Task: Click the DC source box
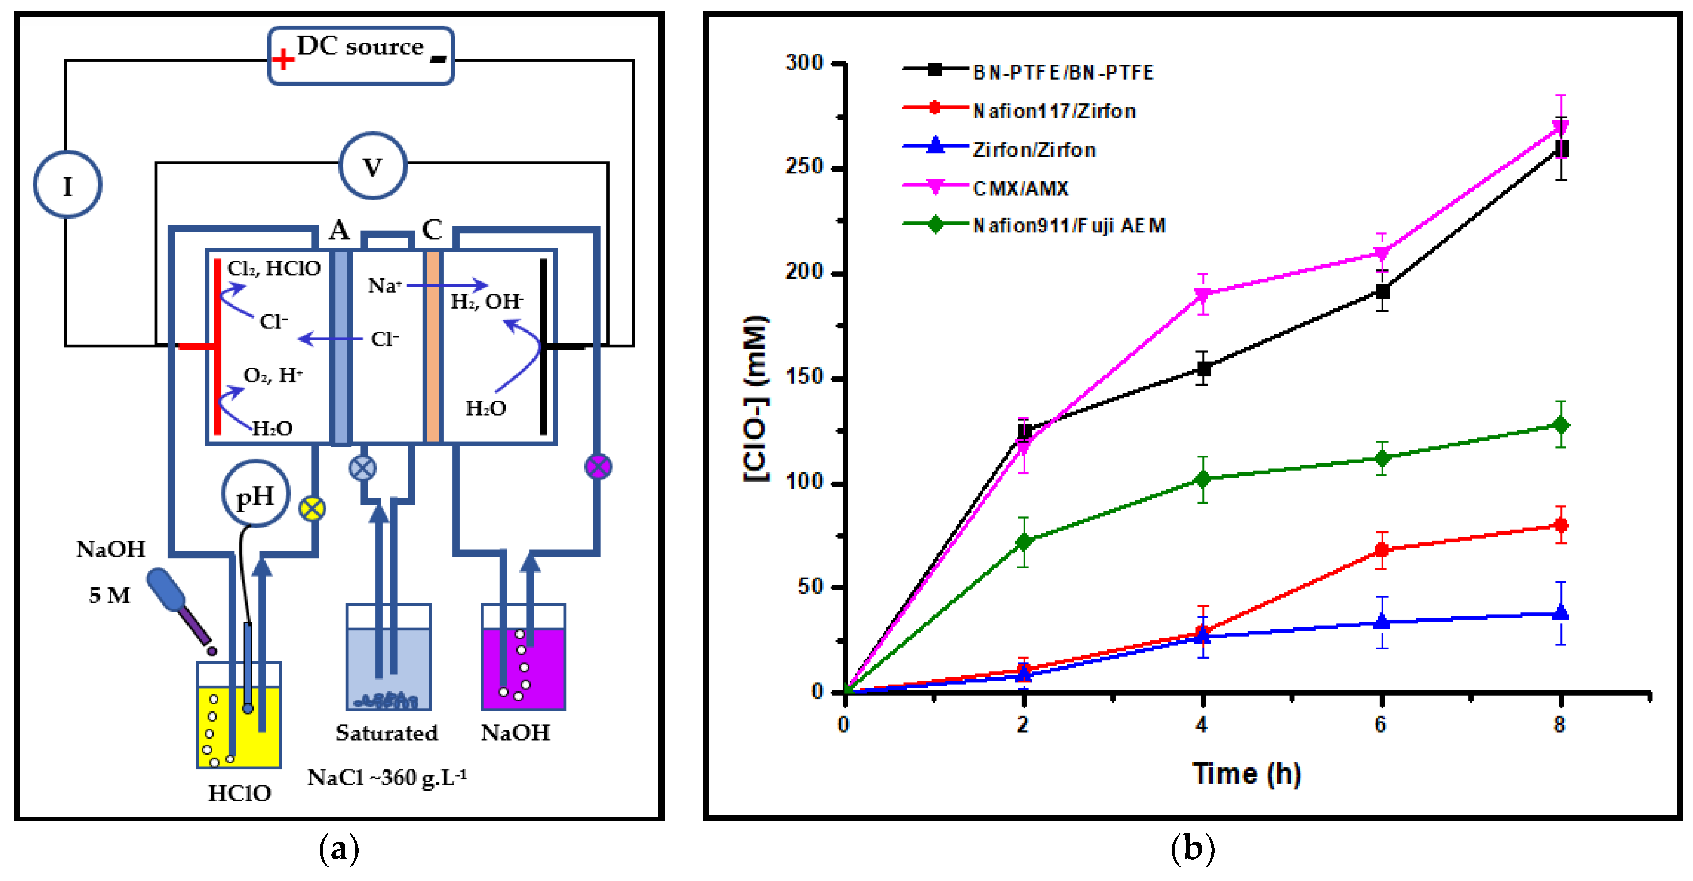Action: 361,56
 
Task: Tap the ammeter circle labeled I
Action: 68,184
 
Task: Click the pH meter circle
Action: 255,495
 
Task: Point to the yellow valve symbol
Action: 312,508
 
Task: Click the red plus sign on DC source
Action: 283,60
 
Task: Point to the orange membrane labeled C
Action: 432,346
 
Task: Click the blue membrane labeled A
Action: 340,346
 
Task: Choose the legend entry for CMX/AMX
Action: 1020,188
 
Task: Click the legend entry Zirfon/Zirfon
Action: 1034,150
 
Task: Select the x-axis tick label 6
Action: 1380,725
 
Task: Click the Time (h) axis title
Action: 1246,773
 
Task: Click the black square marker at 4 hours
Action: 1203,369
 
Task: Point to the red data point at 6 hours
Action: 1382,550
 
